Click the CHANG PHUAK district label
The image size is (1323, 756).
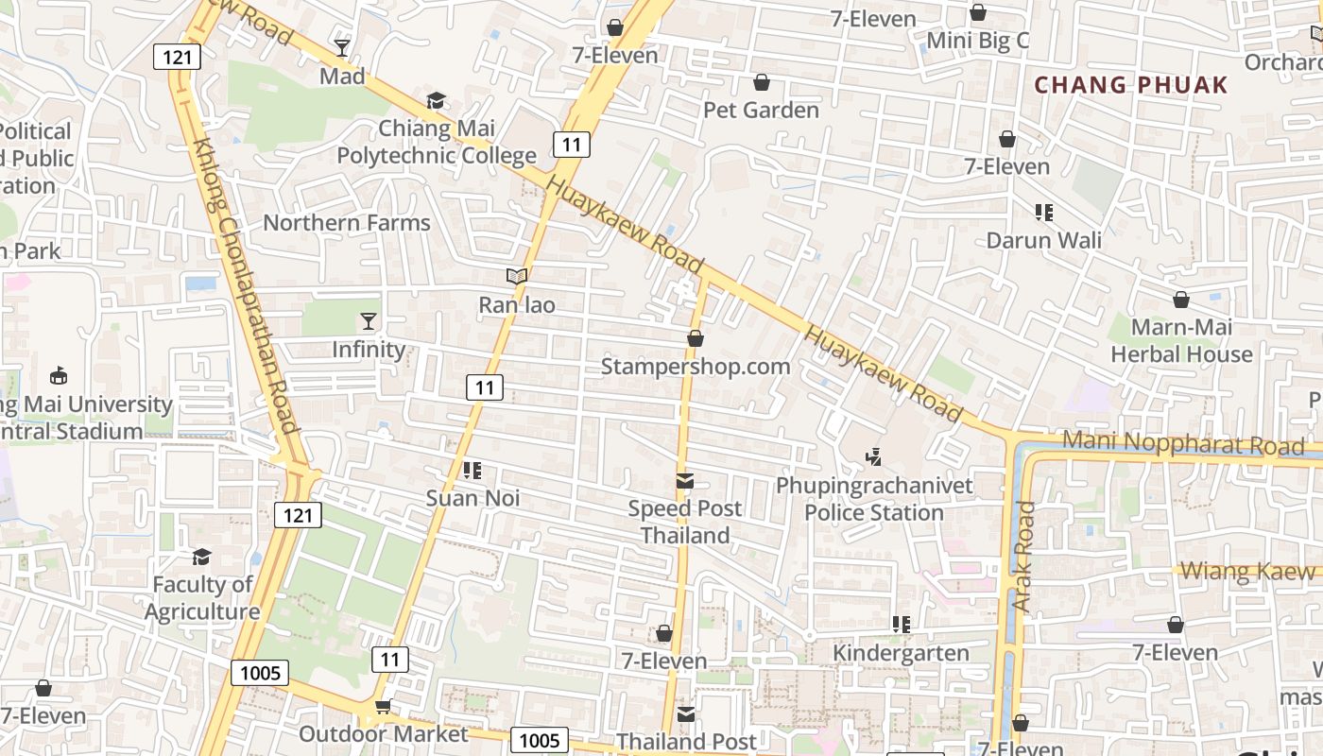point(1130,85)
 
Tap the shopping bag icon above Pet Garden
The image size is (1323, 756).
point(761,83)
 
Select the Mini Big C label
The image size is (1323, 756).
point(977,41)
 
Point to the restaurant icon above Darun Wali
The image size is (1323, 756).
point(1043,213)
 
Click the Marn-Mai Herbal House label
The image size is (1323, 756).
point(1180,341)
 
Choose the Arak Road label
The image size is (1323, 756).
point(1024,556)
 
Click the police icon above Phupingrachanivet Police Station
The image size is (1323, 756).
point(873,457)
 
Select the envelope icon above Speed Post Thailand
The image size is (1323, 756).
point(685,482)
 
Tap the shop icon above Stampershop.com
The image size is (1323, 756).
point(696,338)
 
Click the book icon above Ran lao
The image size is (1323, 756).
point(516,277)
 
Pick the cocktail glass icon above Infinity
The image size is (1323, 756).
point(369,321)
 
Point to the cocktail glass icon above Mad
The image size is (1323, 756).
point(342,48)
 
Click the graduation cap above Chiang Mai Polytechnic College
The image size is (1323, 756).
point(436,100)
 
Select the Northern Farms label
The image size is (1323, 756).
point(346,223)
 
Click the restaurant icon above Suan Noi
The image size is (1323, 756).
point(472,471)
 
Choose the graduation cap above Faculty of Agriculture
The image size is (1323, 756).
point(201,557)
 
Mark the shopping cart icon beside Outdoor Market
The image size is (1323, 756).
point(383,707)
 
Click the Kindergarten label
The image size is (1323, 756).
point(901,653)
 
